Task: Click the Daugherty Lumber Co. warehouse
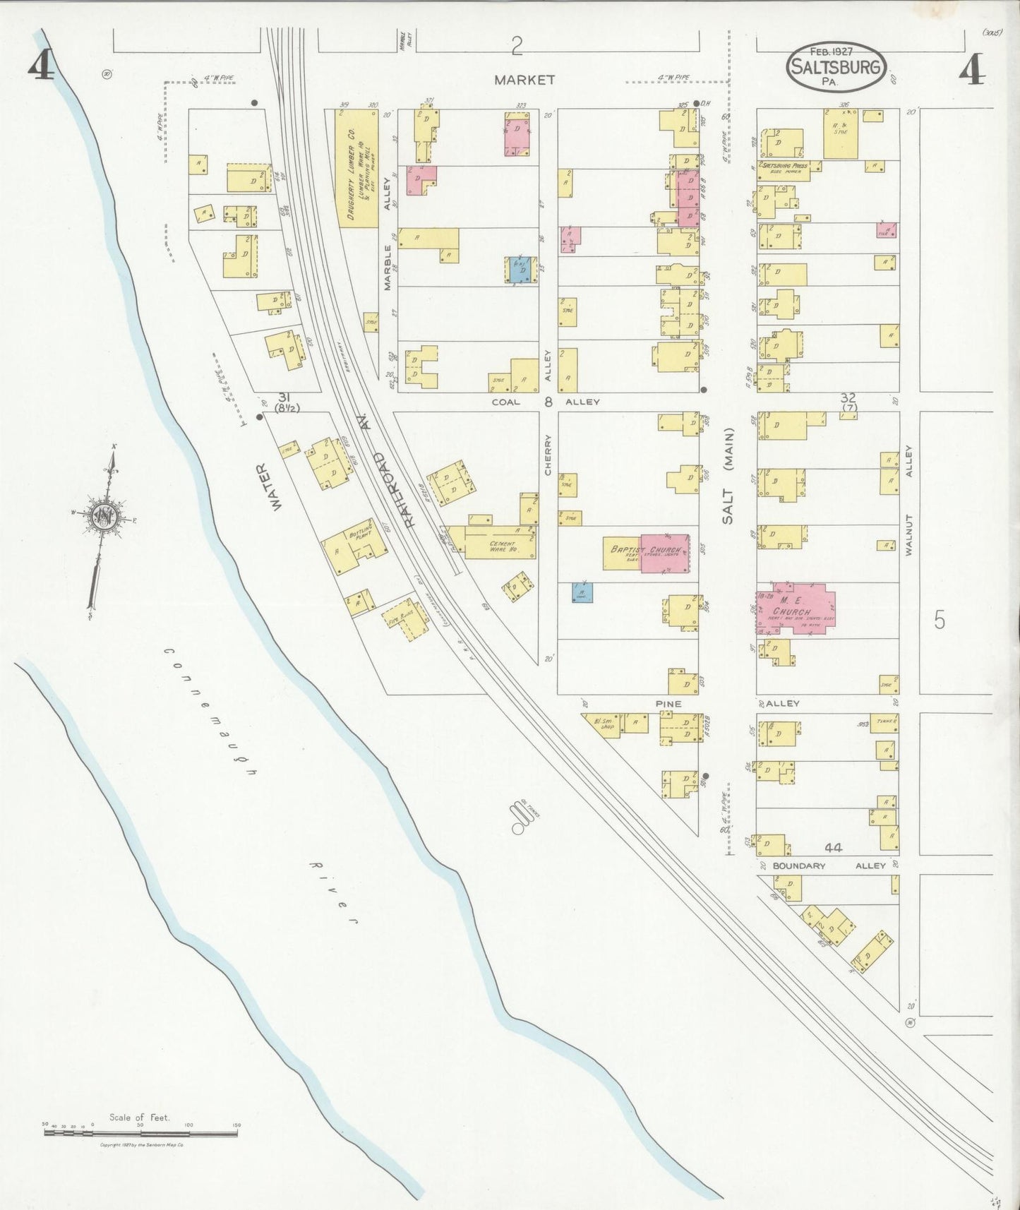[x=356, y=167]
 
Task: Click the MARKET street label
[x=524, y=80]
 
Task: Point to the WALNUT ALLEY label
[x=909, y=501]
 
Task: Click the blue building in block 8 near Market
[x=520, y=270]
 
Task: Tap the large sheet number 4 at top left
[x=41, y=66]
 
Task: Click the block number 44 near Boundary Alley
[x=832, y=847]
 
